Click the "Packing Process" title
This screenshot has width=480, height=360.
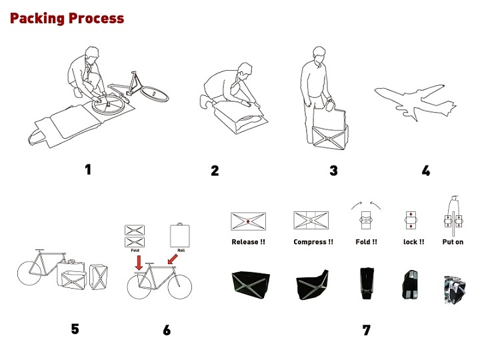[67, 19]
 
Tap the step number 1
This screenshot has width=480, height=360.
[88, 169]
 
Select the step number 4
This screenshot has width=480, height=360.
[426, 171]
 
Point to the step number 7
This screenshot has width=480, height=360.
[367, 330]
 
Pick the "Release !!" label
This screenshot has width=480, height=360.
[248, 242]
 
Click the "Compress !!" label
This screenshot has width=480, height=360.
[313, 242]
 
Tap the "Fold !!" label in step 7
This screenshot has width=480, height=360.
[366, 242]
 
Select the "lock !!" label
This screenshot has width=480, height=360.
[413, 242]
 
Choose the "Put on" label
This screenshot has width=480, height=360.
[453, 242]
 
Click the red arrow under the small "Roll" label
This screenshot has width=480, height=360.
[173, 259]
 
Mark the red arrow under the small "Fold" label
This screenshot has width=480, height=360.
[139, 263]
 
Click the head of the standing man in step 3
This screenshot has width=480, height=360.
[319, 55]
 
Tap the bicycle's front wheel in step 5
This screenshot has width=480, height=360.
[29, 273]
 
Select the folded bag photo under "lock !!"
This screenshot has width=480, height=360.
[410, 285]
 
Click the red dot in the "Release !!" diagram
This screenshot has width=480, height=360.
[248, 221]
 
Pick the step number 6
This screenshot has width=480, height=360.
[167, 330]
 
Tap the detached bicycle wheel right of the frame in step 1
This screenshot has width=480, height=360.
[154, 94]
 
